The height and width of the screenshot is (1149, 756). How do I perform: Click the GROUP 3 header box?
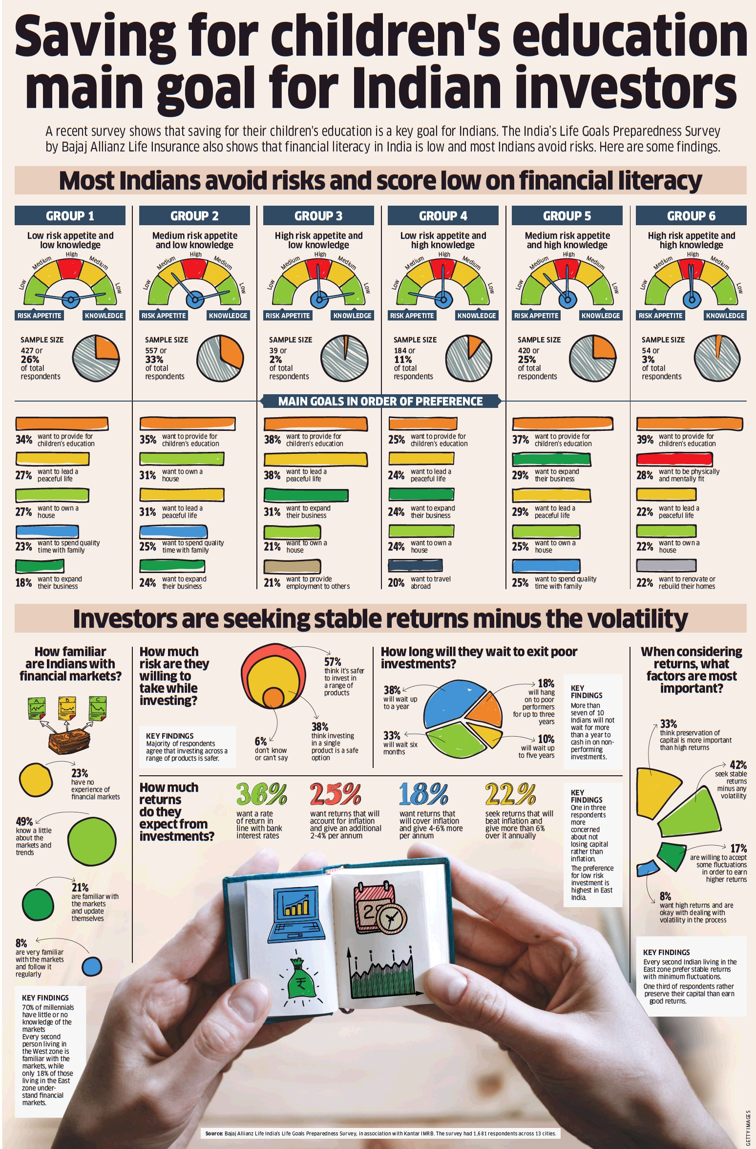pyautogui.click(x=318, y=215)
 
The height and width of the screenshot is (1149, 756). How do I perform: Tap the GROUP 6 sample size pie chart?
pyautogui.click(x=716, y=358)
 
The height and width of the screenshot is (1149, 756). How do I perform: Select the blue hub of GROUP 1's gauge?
pyautogui.click(x=70, y=299)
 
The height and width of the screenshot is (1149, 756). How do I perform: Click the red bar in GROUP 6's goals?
pyautogui.click(x=674, y=459)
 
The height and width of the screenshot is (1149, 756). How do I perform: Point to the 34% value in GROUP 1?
pyautogui.click(x=24, y=440)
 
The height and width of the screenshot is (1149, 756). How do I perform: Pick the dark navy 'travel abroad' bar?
pyautogui.click(x=415, y=565)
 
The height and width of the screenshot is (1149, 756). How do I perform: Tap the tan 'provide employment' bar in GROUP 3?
pyautogui.click(x=292, y=566)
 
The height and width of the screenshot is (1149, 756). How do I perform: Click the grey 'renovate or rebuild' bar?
pyautogui.click(x=666, y=565)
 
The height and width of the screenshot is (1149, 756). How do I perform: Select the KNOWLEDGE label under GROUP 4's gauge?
pyautogui.click(x=476, y=316)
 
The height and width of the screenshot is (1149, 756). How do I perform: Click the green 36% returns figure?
pyautogui.click(x=261, y=794)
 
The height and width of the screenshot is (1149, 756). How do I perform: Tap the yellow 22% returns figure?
pyautogui.click(x=510, y=794)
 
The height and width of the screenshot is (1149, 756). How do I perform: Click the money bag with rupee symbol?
pyautogui.click(x=300, y=979)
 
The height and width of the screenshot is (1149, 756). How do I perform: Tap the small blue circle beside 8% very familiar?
pyautogui.click(x=92, y=966)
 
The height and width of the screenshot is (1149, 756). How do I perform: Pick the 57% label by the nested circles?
pyautogui.click(x=333, y=662)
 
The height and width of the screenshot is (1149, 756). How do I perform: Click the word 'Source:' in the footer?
pyautogui.click(x=214, y=1133)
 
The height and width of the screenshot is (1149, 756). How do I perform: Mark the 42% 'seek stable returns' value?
pyautogui.click(x=738, y=765)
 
